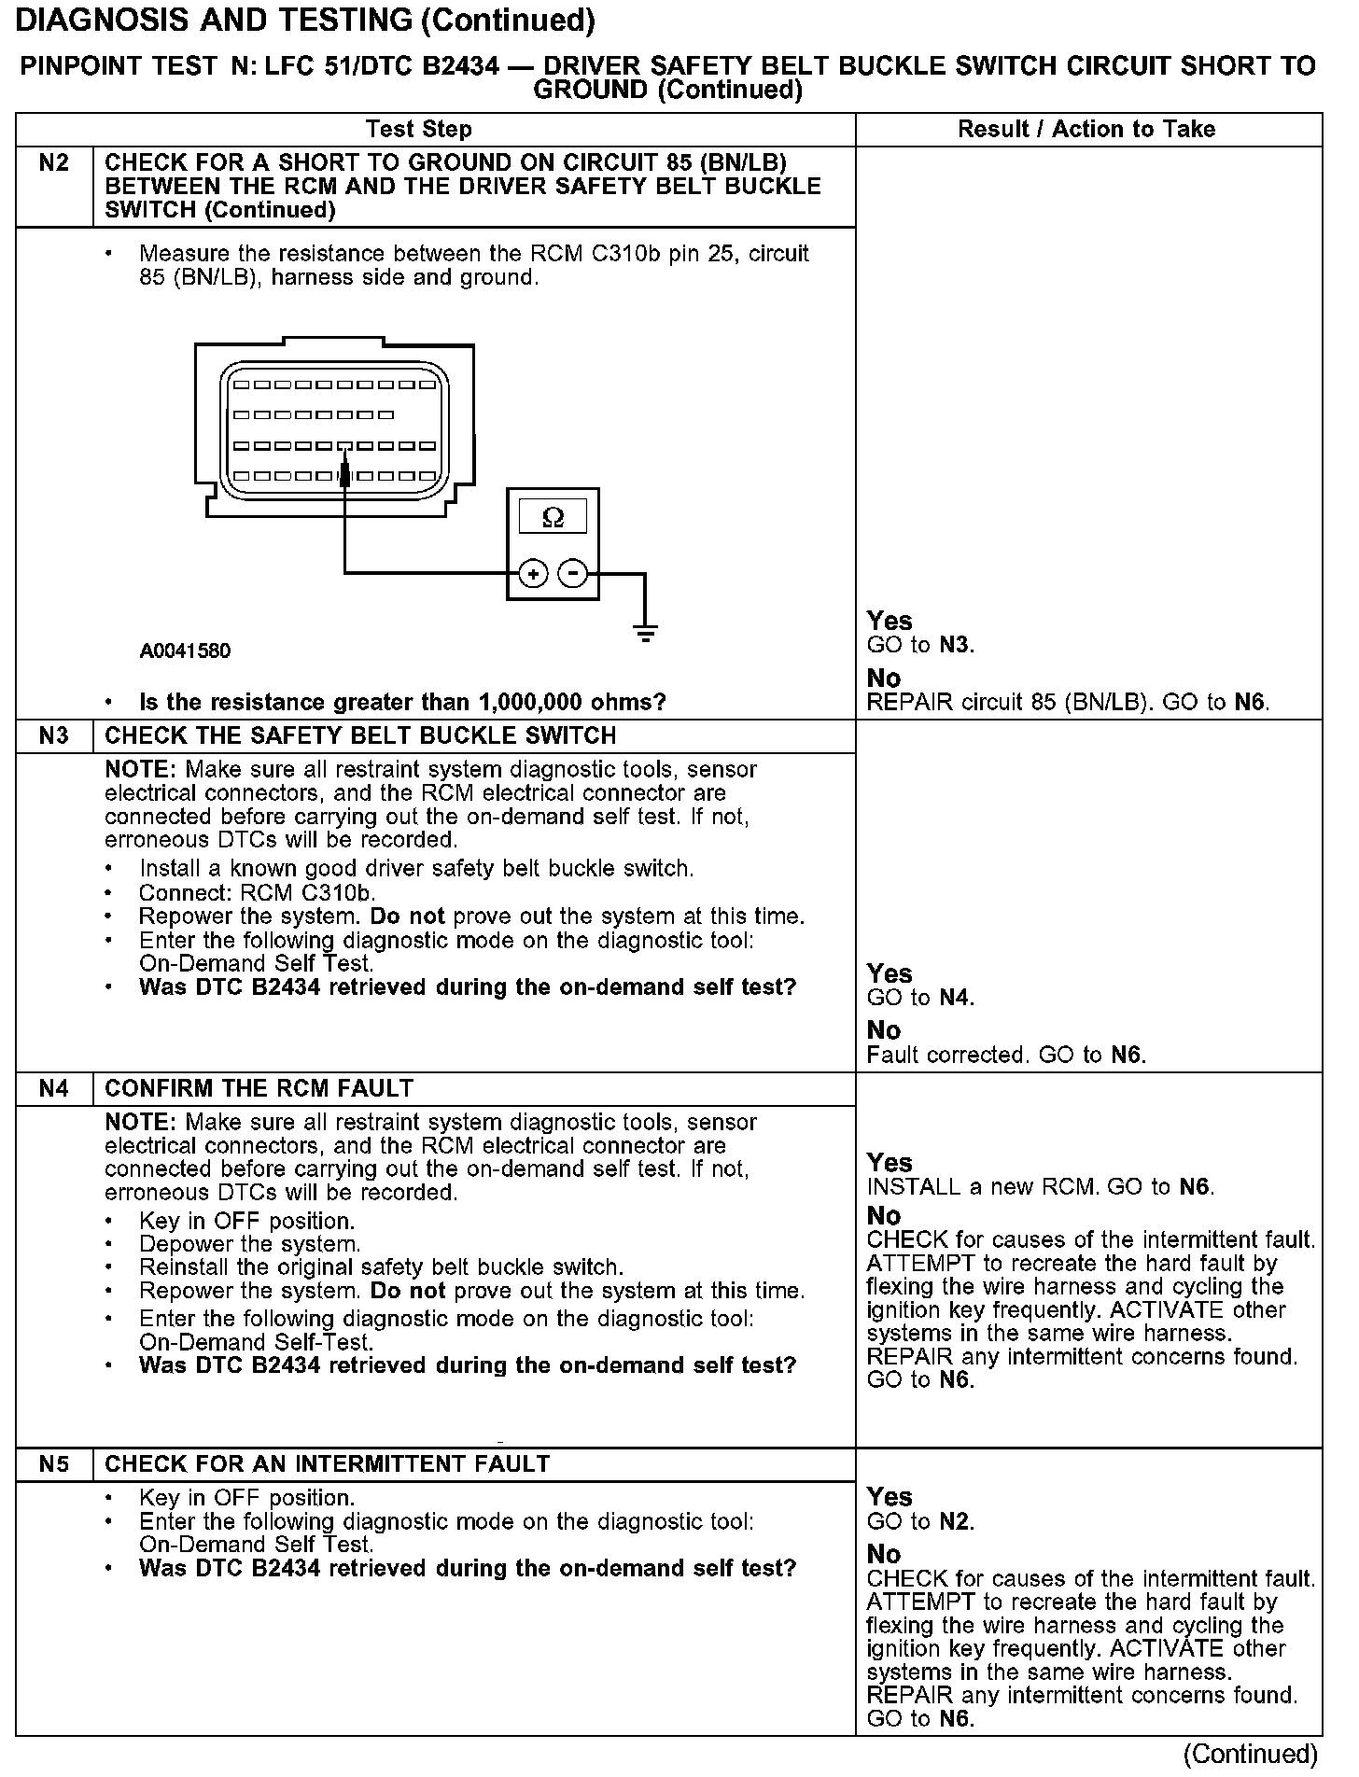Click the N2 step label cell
click(x=54, y=164)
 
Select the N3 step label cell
click(x=54, y=736)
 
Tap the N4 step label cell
click(x=54, y=1089)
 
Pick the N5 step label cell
click(x=54, y=1464)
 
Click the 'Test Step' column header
click(x=419, y=130)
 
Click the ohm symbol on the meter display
click(x=553, y=517)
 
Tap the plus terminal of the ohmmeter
click(x=533, y=573)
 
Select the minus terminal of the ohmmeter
click(x=573, y=573)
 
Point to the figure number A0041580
click(x=185, y=651)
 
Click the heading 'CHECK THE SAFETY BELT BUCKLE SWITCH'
click(x=360, y=736)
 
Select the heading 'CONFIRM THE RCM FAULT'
click(x=259, y=1089)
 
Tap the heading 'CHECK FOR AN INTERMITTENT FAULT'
click(x=327, y=1464)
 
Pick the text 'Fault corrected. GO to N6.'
click(x=1006, y=1056)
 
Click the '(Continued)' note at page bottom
click(x=1249, y=1755)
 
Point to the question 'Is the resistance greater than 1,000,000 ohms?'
click(x=402, y=703)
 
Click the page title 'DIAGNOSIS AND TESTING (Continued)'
click(x=305, y=21)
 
